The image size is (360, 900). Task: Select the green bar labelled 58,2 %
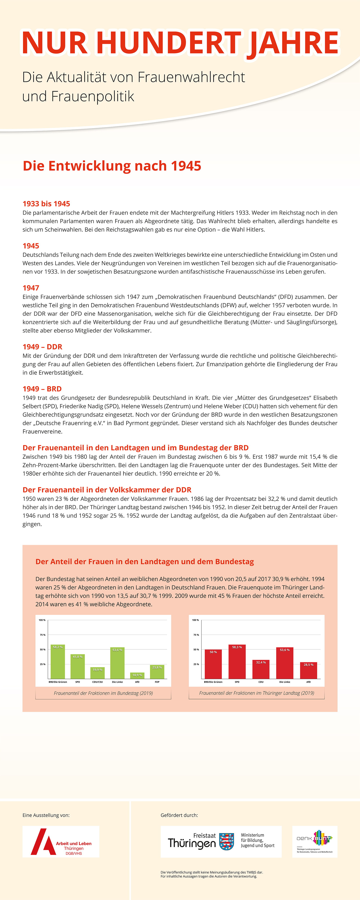[x=58, y=662]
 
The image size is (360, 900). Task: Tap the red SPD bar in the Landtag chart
[x=237, y=662]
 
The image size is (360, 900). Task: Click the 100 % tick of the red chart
[x=195, y=620]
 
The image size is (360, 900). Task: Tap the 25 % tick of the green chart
[x=42, y=664]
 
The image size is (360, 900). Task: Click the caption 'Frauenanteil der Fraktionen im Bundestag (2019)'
[x=103, y=693]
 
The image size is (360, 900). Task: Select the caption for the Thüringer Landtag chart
[x=256, y=693]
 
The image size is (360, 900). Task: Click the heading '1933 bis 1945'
[x=46, y=204]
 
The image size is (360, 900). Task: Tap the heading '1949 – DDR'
[x=42, y=347]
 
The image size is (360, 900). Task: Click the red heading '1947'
[x=31, y=288]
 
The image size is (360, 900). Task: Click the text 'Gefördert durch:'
[x=179, y=815]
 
